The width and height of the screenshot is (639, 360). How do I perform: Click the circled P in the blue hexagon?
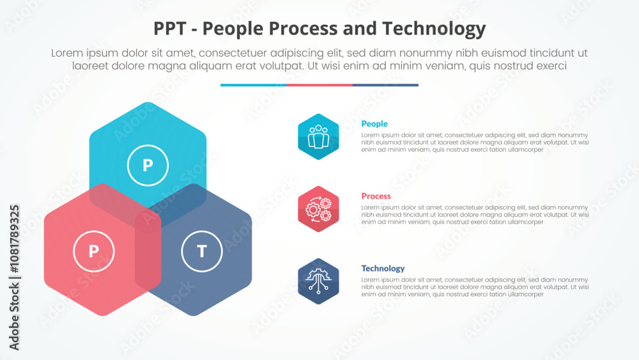click(148, 166)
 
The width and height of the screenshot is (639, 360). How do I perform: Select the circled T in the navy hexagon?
click(202, 251)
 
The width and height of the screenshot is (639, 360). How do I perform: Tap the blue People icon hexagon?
click(318, 136)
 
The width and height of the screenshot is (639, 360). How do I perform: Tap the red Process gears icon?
click(318, 208)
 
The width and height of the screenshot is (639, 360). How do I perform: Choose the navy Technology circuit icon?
click(318, 281)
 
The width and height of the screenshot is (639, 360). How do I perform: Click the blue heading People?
click(374, 124)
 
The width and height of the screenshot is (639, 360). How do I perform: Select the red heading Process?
click(376, 196)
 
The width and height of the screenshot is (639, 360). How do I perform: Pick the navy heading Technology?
click(383, 269)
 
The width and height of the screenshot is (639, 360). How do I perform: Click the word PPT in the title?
click(170, 29)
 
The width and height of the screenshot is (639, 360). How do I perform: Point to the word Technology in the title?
click(436, 29)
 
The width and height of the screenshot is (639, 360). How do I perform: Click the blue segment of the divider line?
click(253, 85)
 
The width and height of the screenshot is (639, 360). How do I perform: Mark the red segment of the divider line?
click(319, 85)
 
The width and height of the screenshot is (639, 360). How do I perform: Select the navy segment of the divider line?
click(385, 85)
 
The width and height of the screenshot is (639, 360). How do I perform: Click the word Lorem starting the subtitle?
click(68, 54)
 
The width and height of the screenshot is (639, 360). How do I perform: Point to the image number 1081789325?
click(14, 239)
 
